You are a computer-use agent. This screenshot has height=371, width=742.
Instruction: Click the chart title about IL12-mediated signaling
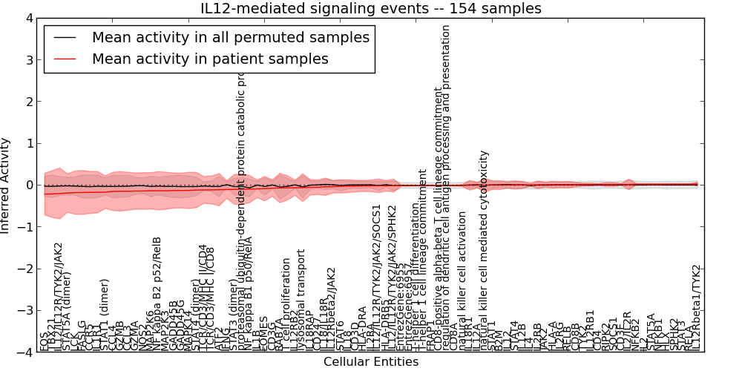tap(371, 8)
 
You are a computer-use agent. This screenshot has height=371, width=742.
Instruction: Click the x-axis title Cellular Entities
tap(371, 362)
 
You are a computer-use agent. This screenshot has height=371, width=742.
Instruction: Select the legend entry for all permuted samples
tap(230, 37)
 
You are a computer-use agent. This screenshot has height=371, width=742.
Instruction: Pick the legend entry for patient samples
tap(210, 59)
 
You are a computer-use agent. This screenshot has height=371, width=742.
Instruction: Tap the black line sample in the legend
tap(64, 37)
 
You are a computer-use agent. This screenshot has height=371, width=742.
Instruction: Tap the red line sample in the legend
tap(64, 59)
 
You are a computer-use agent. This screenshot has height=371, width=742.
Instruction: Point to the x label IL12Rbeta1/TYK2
tap(696, 307)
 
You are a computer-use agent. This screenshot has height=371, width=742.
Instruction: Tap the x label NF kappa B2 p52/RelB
tap(157, 293)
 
